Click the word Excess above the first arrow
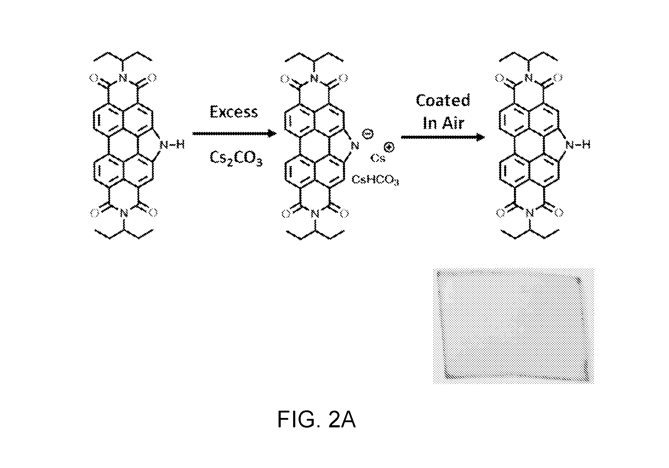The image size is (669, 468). (x=234, y=112)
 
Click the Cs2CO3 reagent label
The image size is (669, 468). (x=236, y=159)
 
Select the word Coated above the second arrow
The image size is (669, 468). (x=443, y=100)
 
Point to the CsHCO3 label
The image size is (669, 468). (x=375, y=180)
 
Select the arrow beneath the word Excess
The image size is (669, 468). (x=234, y=133)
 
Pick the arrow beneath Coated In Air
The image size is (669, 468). (x=443, y=137)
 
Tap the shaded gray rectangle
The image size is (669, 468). (x=513, y=326)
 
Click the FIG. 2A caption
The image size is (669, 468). (x=316, y=420)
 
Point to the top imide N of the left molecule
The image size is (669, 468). (x=122, y=79)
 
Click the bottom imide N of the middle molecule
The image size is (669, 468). (x=316, y=214)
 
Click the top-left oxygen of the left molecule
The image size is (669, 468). (x=94, y=78)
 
